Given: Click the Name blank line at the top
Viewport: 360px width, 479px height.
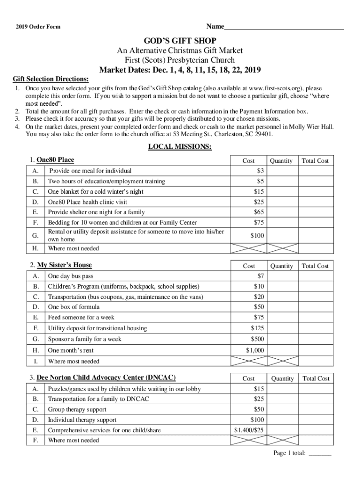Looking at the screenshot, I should (x=284, y=28).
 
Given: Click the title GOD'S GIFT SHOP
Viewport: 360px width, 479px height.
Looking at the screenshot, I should (x=180, y=41).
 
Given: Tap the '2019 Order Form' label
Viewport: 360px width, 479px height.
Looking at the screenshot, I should (x=37, y=27).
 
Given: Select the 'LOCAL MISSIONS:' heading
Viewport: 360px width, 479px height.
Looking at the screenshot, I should (x=180, y=147).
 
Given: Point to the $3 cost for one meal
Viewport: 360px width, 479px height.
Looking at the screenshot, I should (x=260, y=171).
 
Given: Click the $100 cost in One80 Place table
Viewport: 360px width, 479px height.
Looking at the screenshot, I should (x=257, y=236).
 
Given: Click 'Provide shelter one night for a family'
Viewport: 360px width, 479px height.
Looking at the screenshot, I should (x=96, y=212).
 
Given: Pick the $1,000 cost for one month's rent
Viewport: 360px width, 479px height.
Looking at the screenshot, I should (x=255, y=350).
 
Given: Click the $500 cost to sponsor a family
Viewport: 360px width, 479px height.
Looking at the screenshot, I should (x=257, y=339).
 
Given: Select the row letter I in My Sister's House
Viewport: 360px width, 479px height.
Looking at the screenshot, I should (x=36, y=361).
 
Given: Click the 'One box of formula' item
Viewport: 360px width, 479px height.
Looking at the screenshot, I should (x=74, y=307).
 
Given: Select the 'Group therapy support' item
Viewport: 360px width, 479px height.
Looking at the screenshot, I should (x=77, y=409).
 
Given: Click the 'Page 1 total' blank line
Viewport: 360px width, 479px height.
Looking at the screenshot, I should (x=320, y=453).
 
